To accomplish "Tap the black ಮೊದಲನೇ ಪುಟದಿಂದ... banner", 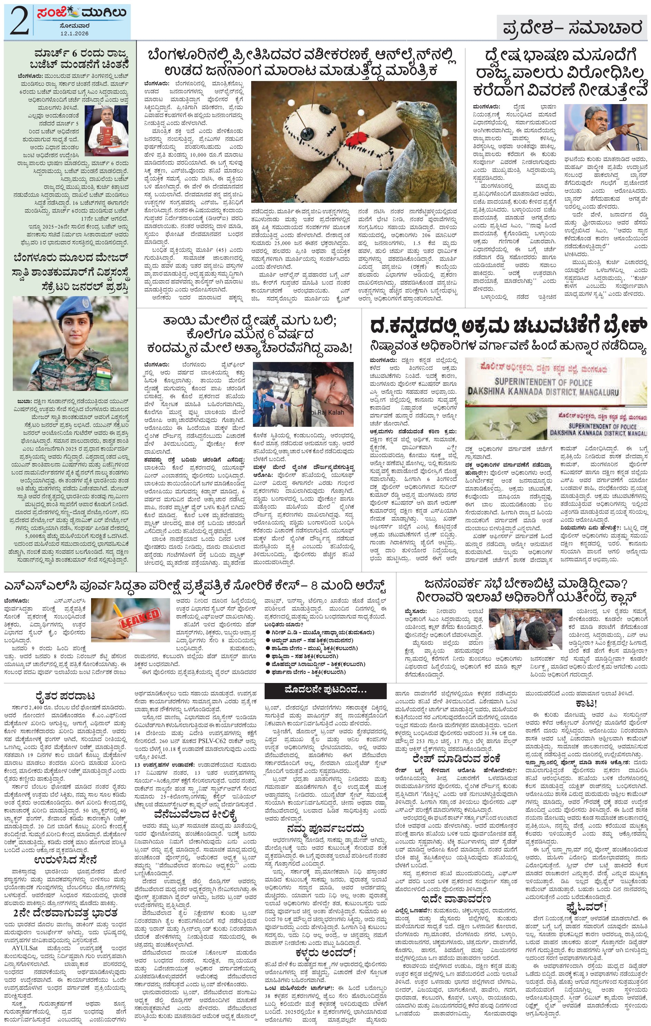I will (325, 690).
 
